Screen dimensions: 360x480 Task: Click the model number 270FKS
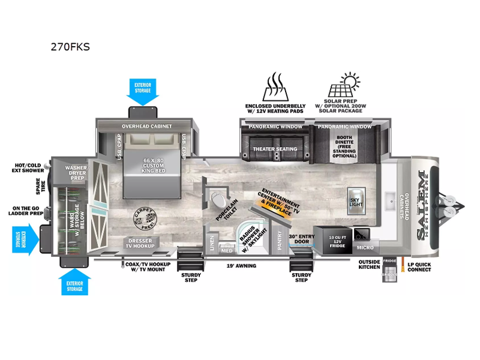click(x=70, y=47)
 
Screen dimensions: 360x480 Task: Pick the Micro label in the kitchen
click(x=364, y=247)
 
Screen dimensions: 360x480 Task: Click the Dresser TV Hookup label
click(x=140, y=243)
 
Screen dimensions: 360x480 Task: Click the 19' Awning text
click(x=241, y=265)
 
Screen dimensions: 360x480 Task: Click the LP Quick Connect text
click(x=419, y=266)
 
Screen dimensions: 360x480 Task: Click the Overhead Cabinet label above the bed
click(x=147, y=126)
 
